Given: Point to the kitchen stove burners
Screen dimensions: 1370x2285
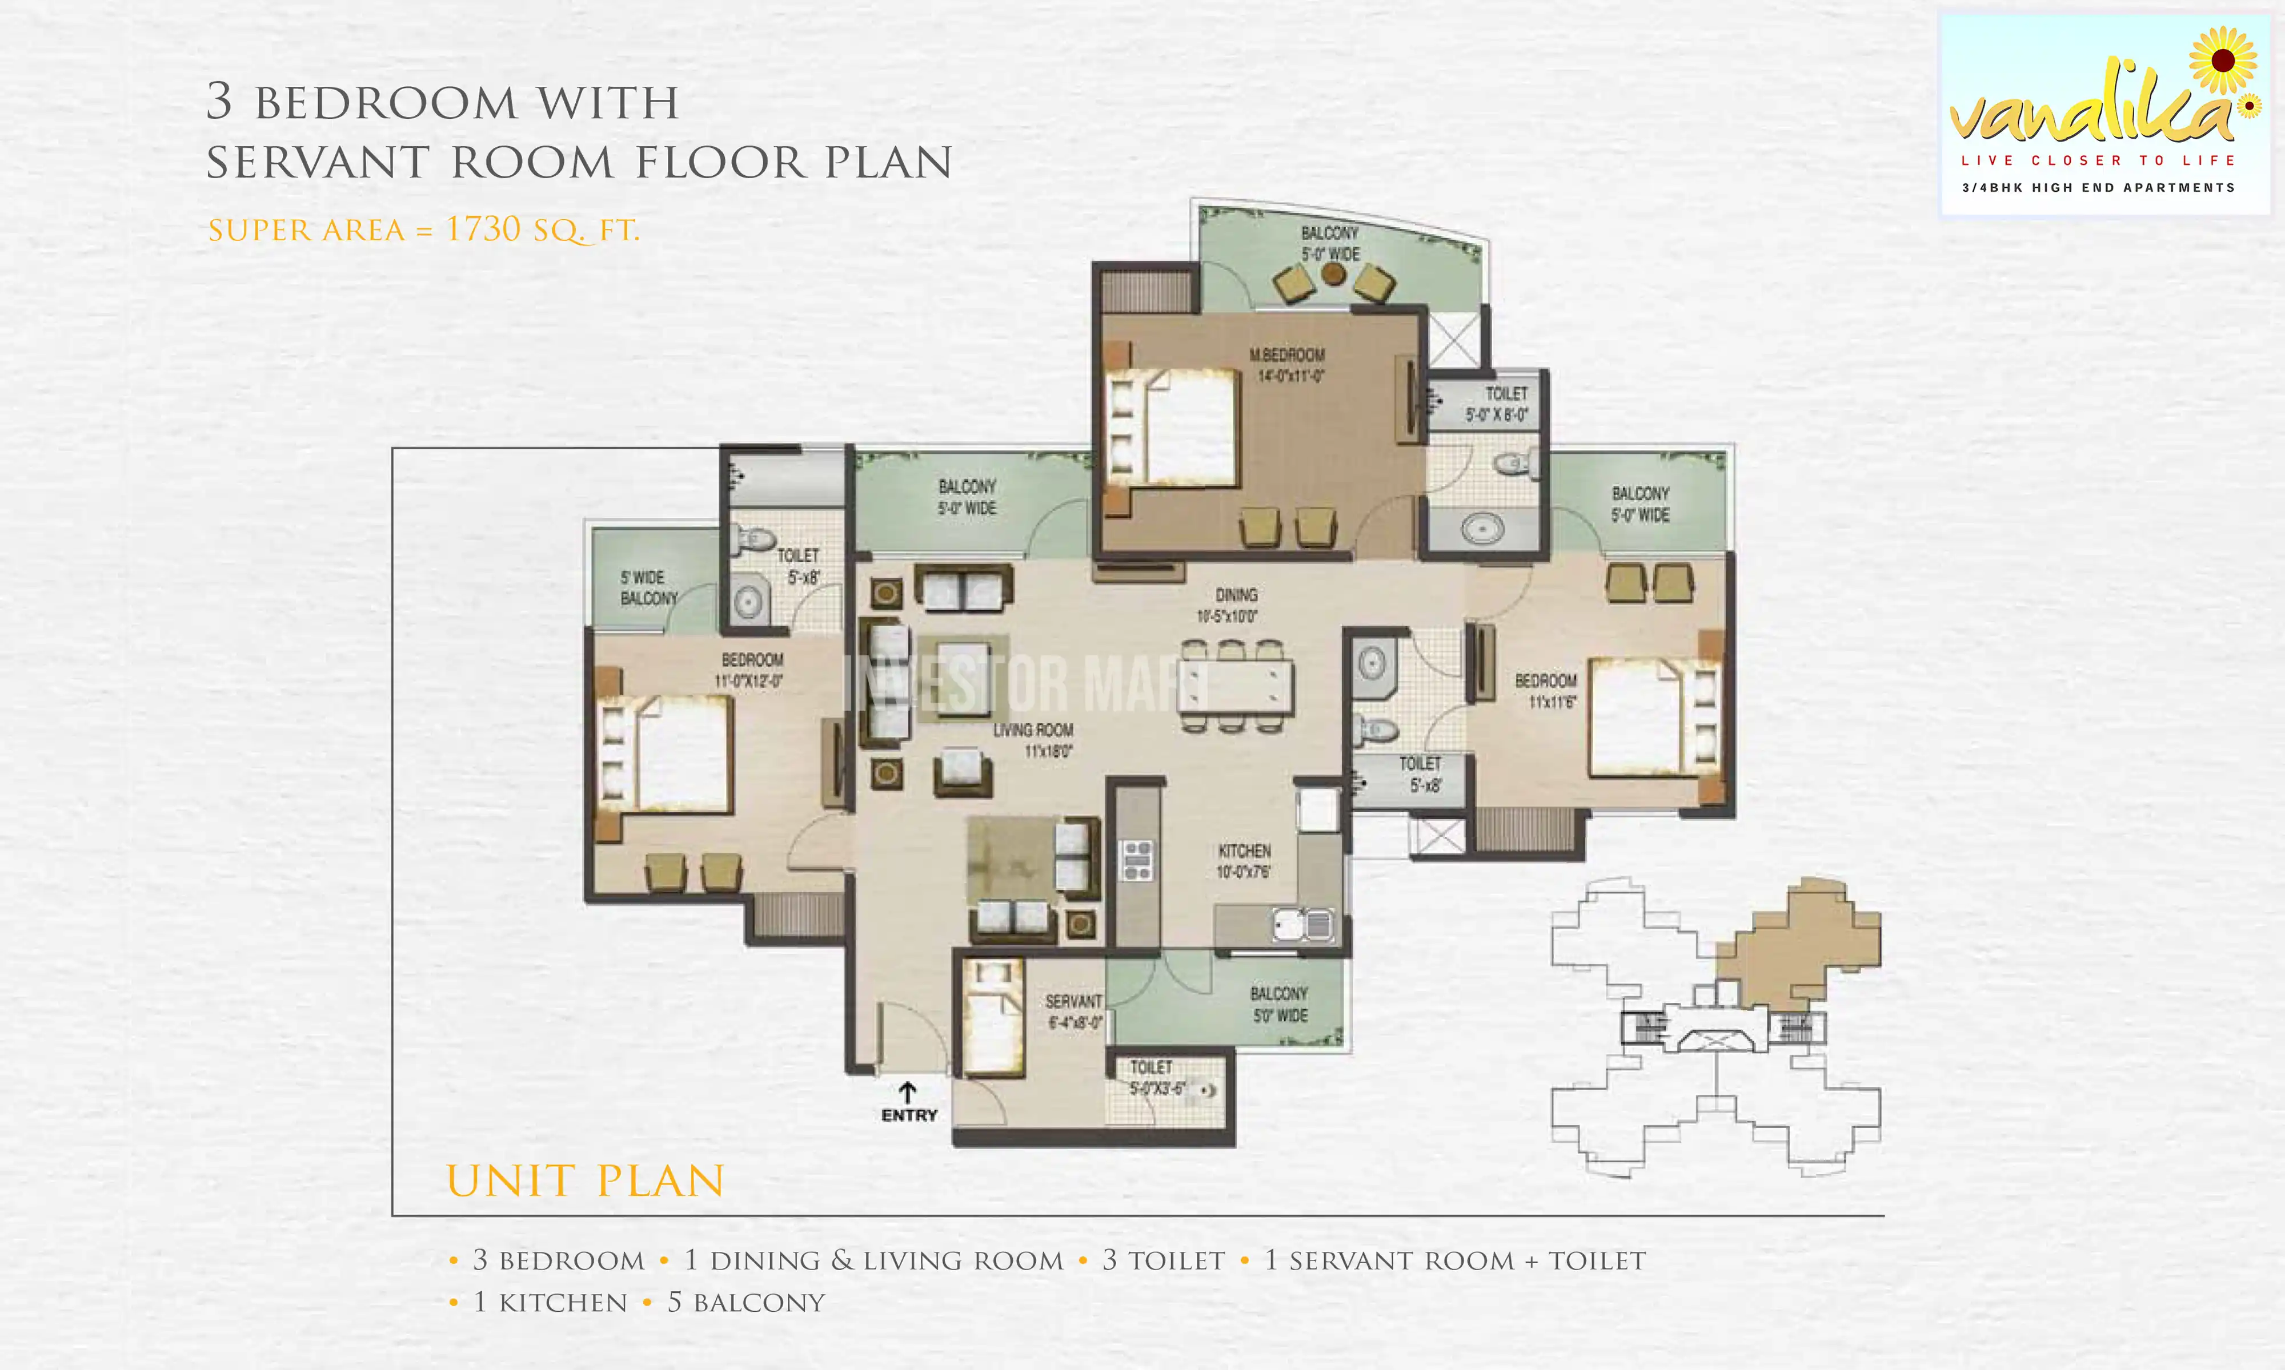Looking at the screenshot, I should coord(1137,860).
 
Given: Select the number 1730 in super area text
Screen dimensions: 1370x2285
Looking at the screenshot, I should coord(483,229).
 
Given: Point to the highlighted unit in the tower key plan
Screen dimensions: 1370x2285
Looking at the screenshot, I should coord(1799,951).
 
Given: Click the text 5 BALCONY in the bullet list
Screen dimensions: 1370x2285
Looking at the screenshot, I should coord(745,1303).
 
